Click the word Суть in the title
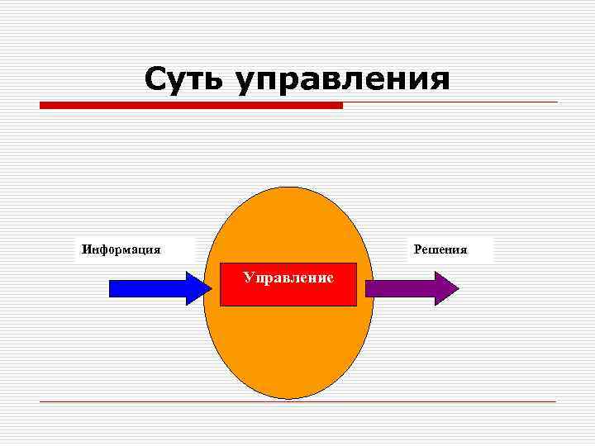pyautogui.click(x=186, y=79)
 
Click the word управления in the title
pyautogui.click(x=343, y=80)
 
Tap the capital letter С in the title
pyautogui.click(x=156, y=79)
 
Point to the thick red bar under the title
pyautogui.click(x=190, y=105)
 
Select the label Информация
pyautogui.click(x=121, y=249)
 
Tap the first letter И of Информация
pyautogui.click(x=84, y=249)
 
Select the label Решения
pyautogui.click(x=440, y=249)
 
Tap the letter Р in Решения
pyautogui.click(x=417, y=249)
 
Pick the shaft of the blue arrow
pyautogui.click(x=149, y=288)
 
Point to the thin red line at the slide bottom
pyautogui.click(x=297, y=401)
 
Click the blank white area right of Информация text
pyautogui.click(x=178, y=249)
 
